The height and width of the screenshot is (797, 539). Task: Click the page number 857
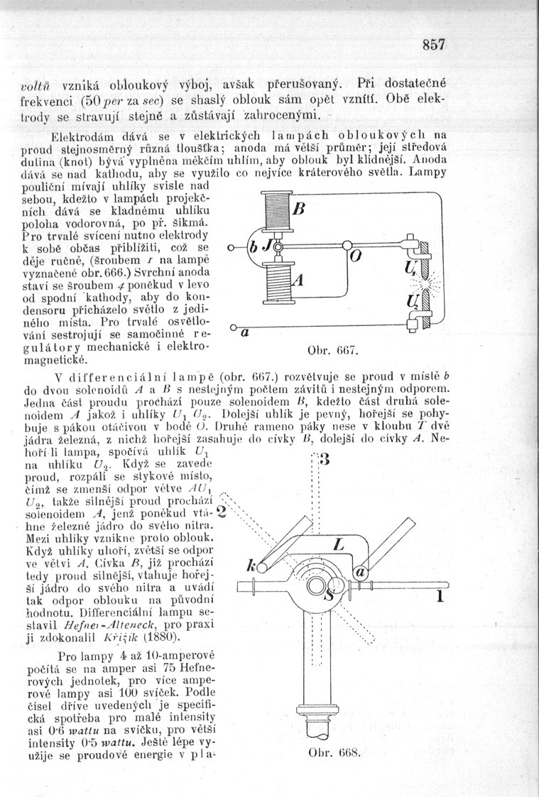[x=432, y=44]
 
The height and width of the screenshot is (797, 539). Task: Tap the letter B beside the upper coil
[x=298, y=210]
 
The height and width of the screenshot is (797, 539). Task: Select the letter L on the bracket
[x=339, y=546]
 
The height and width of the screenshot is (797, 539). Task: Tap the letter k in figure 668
[x=251, y=566]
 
